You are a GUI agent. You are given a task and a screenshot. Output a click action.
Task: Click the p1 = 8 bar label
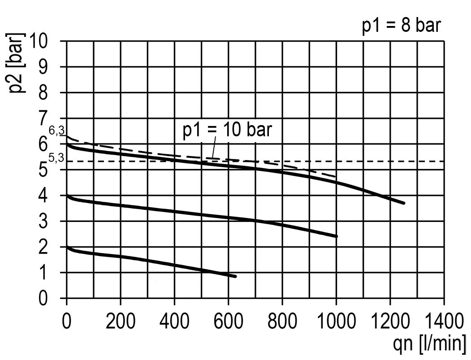tap(402, 26)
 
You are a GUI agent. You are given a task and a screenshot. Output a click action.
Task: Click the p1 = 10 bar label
tap(227, 130)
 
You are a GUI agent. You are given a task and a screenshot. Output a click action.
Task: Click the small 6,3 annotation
tap(57, 130)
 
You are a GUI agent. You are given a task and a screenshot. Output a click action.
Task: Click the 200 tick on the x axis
tap(120, 322)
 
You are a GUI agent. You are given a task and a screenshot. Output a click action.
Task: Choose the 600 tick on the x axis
tap(228, 322)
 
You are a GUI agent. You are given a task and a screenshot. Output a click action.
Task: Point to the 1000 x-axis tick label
tap(336, 322)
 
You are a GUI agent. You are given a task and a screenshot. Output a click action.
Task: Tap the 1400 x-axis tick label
tap(444, 322)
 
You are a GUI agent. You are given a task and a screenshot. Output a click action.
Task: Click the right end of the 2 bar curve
tap(235, 276)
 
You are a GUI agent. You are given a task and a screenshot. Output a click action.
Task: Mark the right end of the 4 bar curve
tap(336, 236)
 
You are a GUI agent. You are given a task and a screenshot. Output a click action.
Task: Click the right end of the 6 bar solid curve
tap(404, 203)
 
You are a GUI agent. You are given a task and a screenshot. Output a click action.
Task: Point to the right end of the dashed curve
tap(336, 177)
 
